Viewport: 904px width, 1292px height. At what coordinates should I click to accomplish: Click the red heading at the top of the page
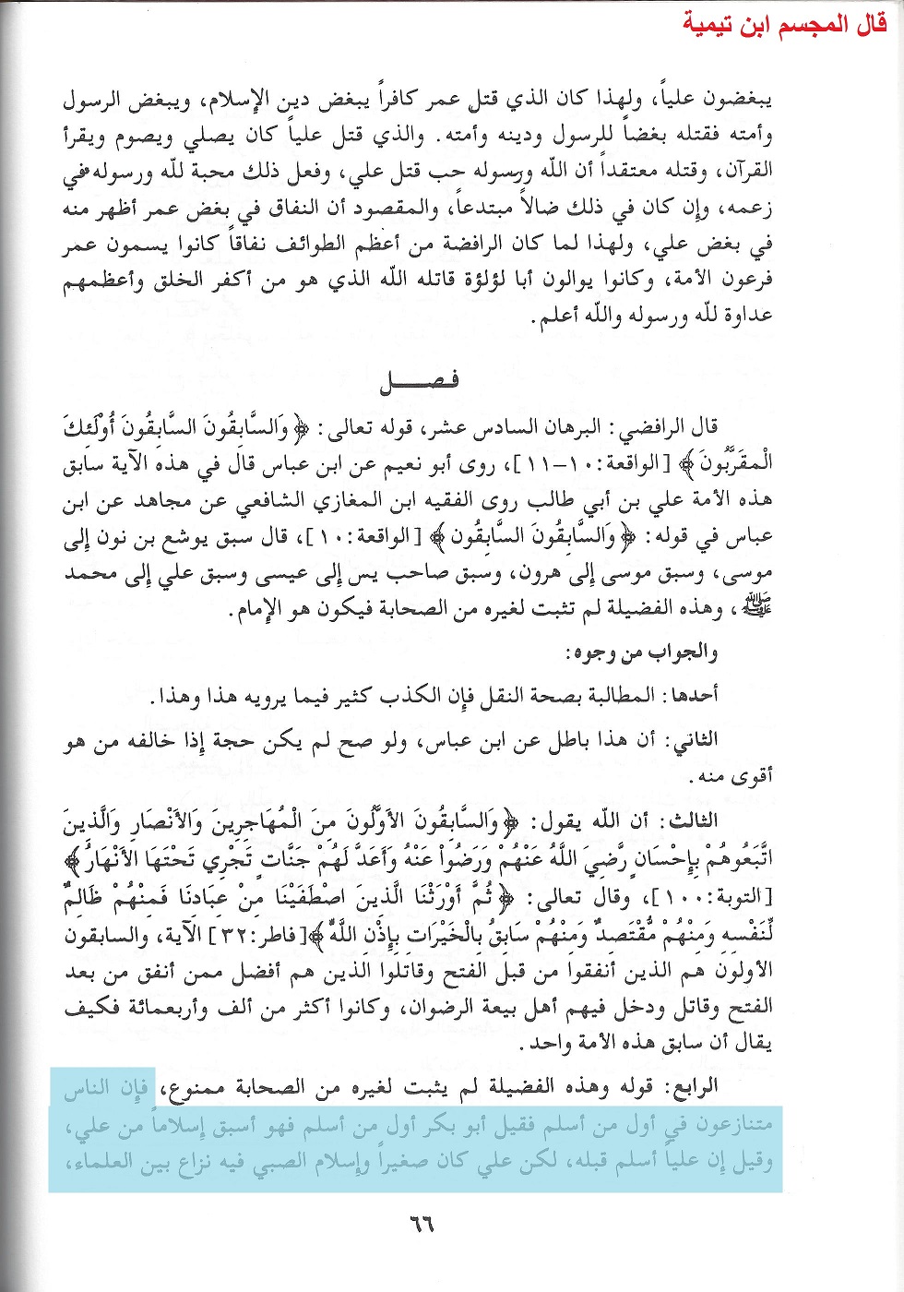pyautogui.click(x=785, y=24)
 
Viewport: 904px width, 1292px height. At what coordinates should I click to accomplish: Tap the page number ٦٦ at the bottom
pyautogui.click(x=421, y=1225)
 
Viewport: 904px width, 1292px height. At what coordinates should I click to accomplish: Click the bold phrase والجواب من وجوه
pyautogui.click(x=641, y=652)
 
